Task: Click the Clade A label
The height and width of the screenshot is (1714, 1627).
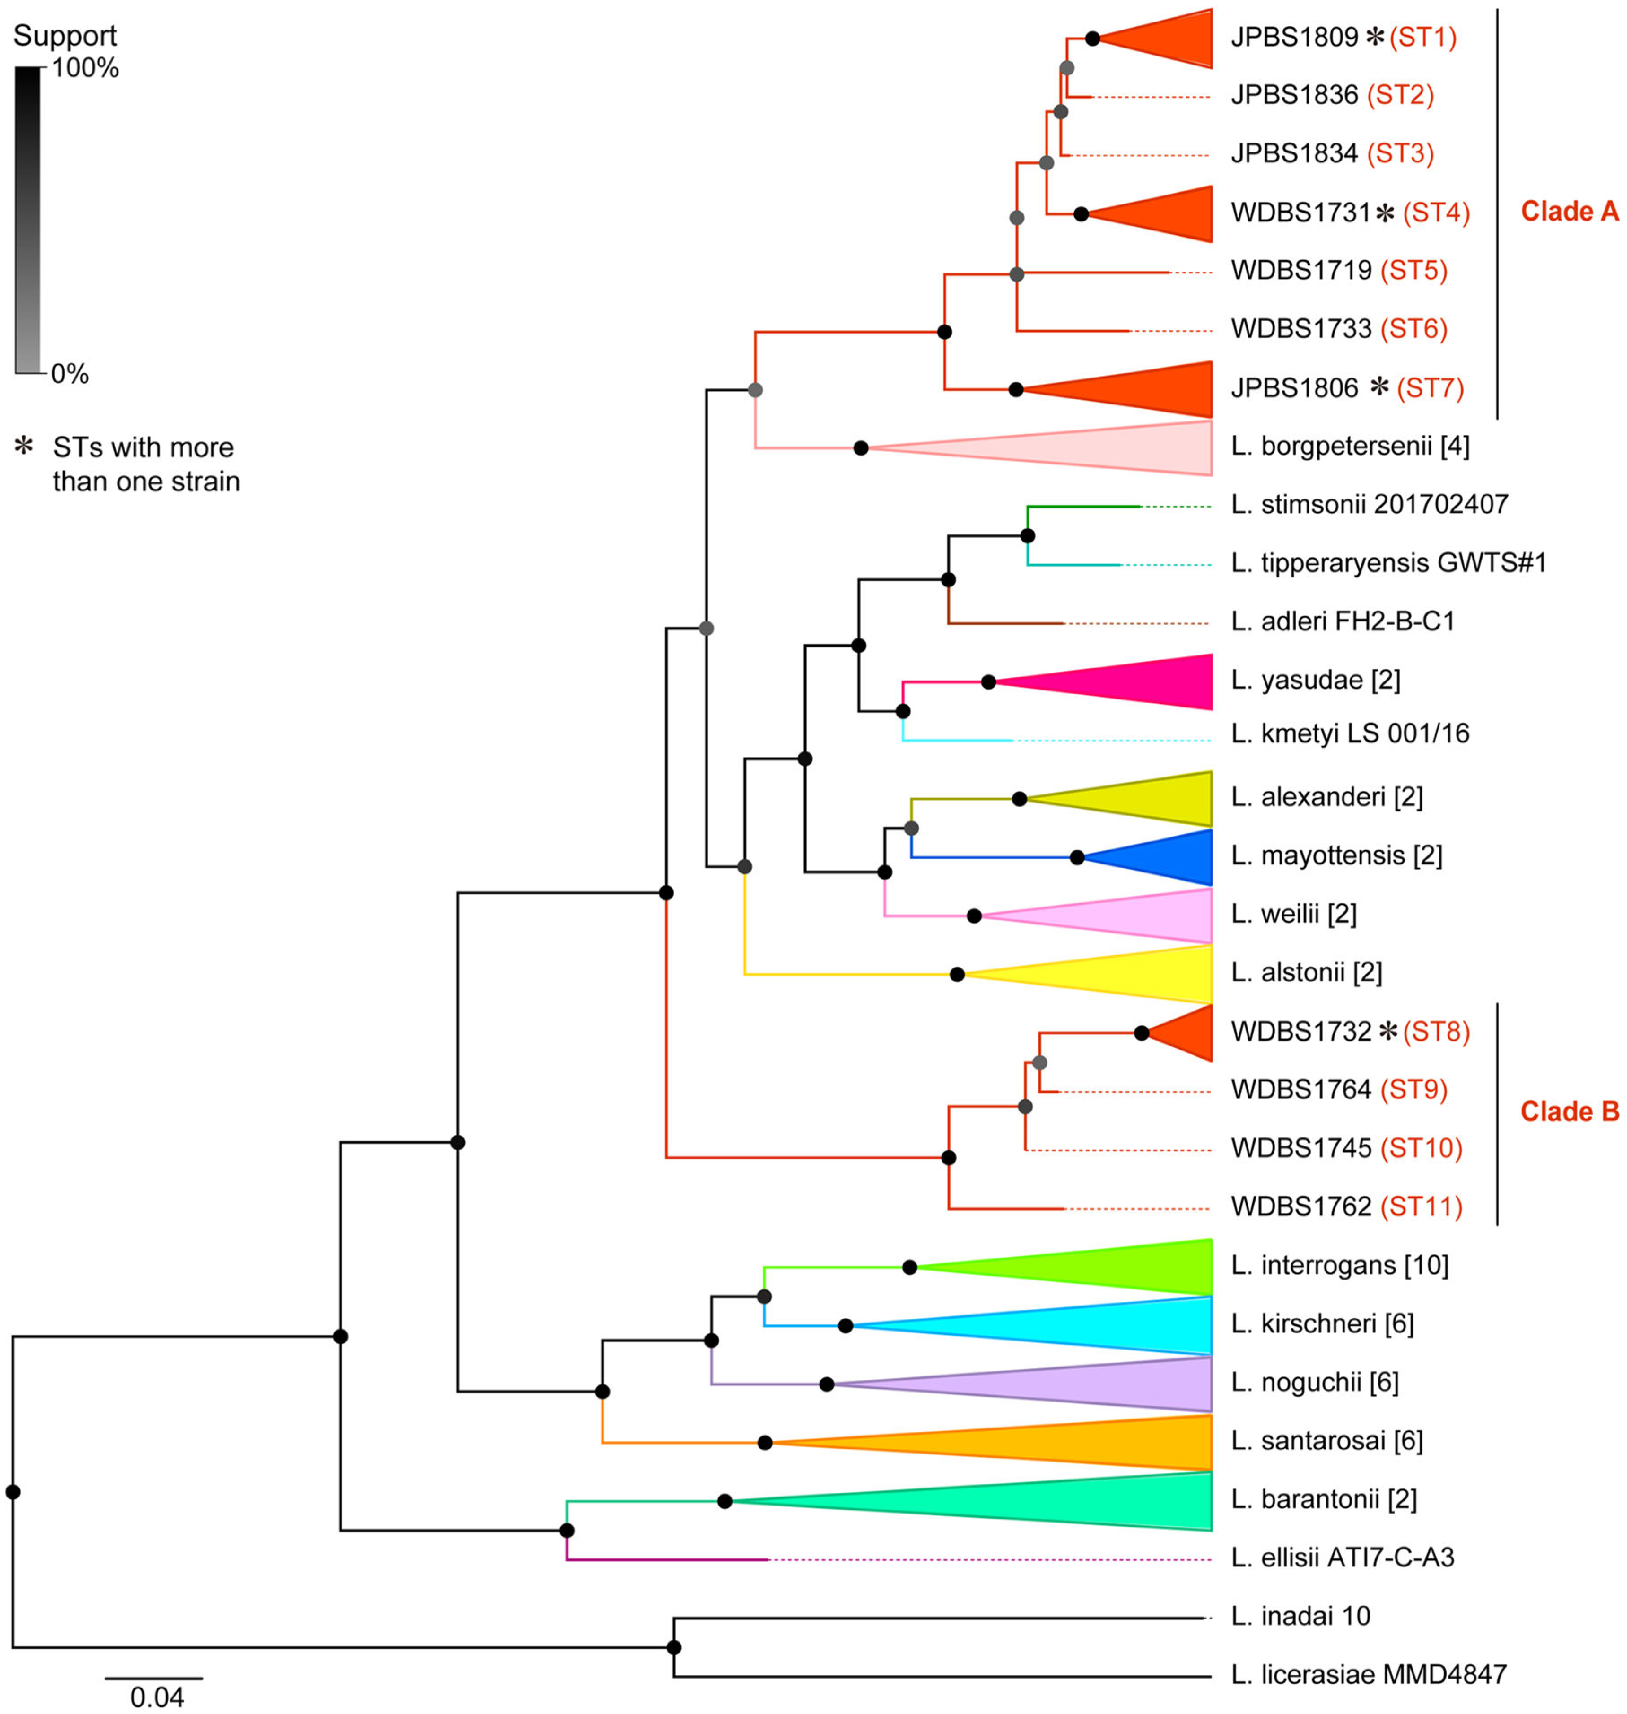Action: coord(1569,212)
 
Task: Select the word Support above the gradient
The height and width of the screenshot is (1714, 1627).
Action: coord(65,35)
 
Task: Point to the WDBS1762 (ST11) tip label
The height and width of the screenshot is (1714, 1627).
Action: coord(1346,1206)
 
